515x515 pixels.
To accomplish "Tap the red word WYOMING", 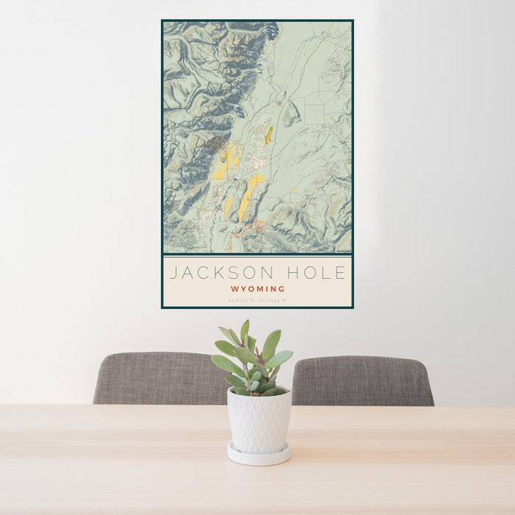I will pyautogui.click(x=257, y=289).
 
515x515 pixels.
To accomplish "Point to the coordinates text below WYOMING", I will pyautogui.click(x=257, y=300).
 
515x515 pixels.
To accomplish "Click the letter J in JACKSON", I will pyautogui.click(x=174, y=273).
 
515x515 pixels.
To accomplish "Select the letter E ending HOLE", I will pyautogui.click(x=340, y=273).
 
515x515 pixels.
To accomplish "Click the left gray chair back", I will pyautogui.click(x=158, y=378).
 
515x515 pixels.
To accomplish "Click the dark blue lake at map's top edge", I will pyautogui.click(x=271, y=31).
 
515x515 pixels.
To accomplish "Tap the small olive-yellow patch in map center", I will pyautogui.click(x=269, y=135).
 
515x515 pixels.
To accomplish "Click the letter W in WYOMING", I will pyautogui.click(x=234, y=289).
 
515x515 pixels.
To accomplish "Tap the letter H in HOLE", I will pyautogui.click(x=296, y=273).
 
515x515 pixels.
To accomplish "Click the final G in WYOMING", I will pyautogui.click(x=282, y=289).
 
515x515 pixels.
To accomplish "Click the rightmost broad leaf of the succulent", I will pyautogui.click(x=279, y=359).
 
